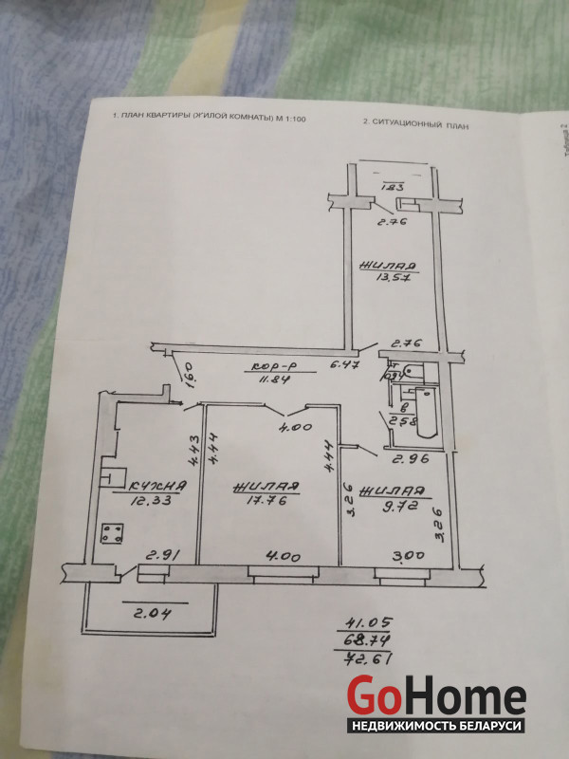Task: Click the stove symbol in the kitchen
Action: [x=115, y=533]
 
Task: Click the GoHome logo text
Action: [x=435, y=697]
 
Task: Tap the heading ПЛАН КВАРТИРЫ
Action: [x=209, y=119]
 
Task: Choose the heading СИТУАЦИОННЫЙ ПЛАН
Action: [x=416, y=123]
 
